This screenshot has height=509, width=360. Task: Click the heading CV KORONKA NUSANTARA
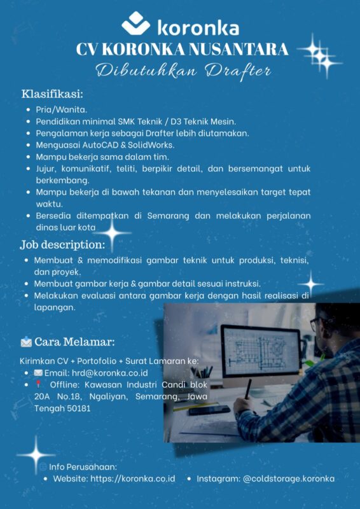click(182, 49)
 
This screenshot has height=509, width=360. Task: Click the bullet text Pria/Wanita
click(61, 109)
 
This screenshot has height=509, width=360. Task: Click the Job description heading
click(62, 245)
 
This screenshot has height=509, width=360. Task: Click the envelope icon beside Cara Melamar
click(26, 343)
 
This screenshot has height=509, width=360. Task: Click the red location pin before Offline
click(38, 384)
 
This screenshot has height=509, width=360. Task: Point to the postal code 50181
click(76, 408)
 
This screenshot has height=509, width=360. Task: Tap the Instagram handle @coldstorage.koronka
click(289, 478)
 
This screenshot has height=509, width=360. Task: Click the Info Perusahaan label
click(83, 466)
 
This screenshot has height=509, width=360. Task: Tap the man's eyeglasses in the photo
click(318, 326)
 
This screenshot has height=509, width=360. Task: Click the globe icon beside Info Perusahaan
click(43, 467)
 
